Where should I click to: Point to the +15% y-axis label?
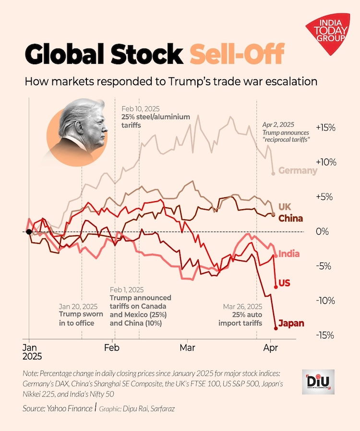coord(325,128)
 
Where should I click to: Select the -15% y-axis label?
coord(324,335)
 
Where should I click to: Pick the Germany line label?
coord(298,170)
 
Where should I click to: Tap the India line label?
coord(289,253)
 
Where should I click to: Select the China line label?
coord(291,219)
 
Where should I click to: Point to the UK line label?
coord(285,206)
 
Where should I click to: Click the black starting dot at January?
coord(29,232)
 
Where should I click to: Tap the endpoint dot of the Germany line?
coord(273,173)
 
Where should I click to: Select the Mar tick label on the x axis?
coord(187,347)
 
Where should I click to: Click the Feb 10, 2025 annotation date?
coord(140,109)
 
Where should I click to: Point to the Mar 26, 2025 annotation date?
coord(243,306)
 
